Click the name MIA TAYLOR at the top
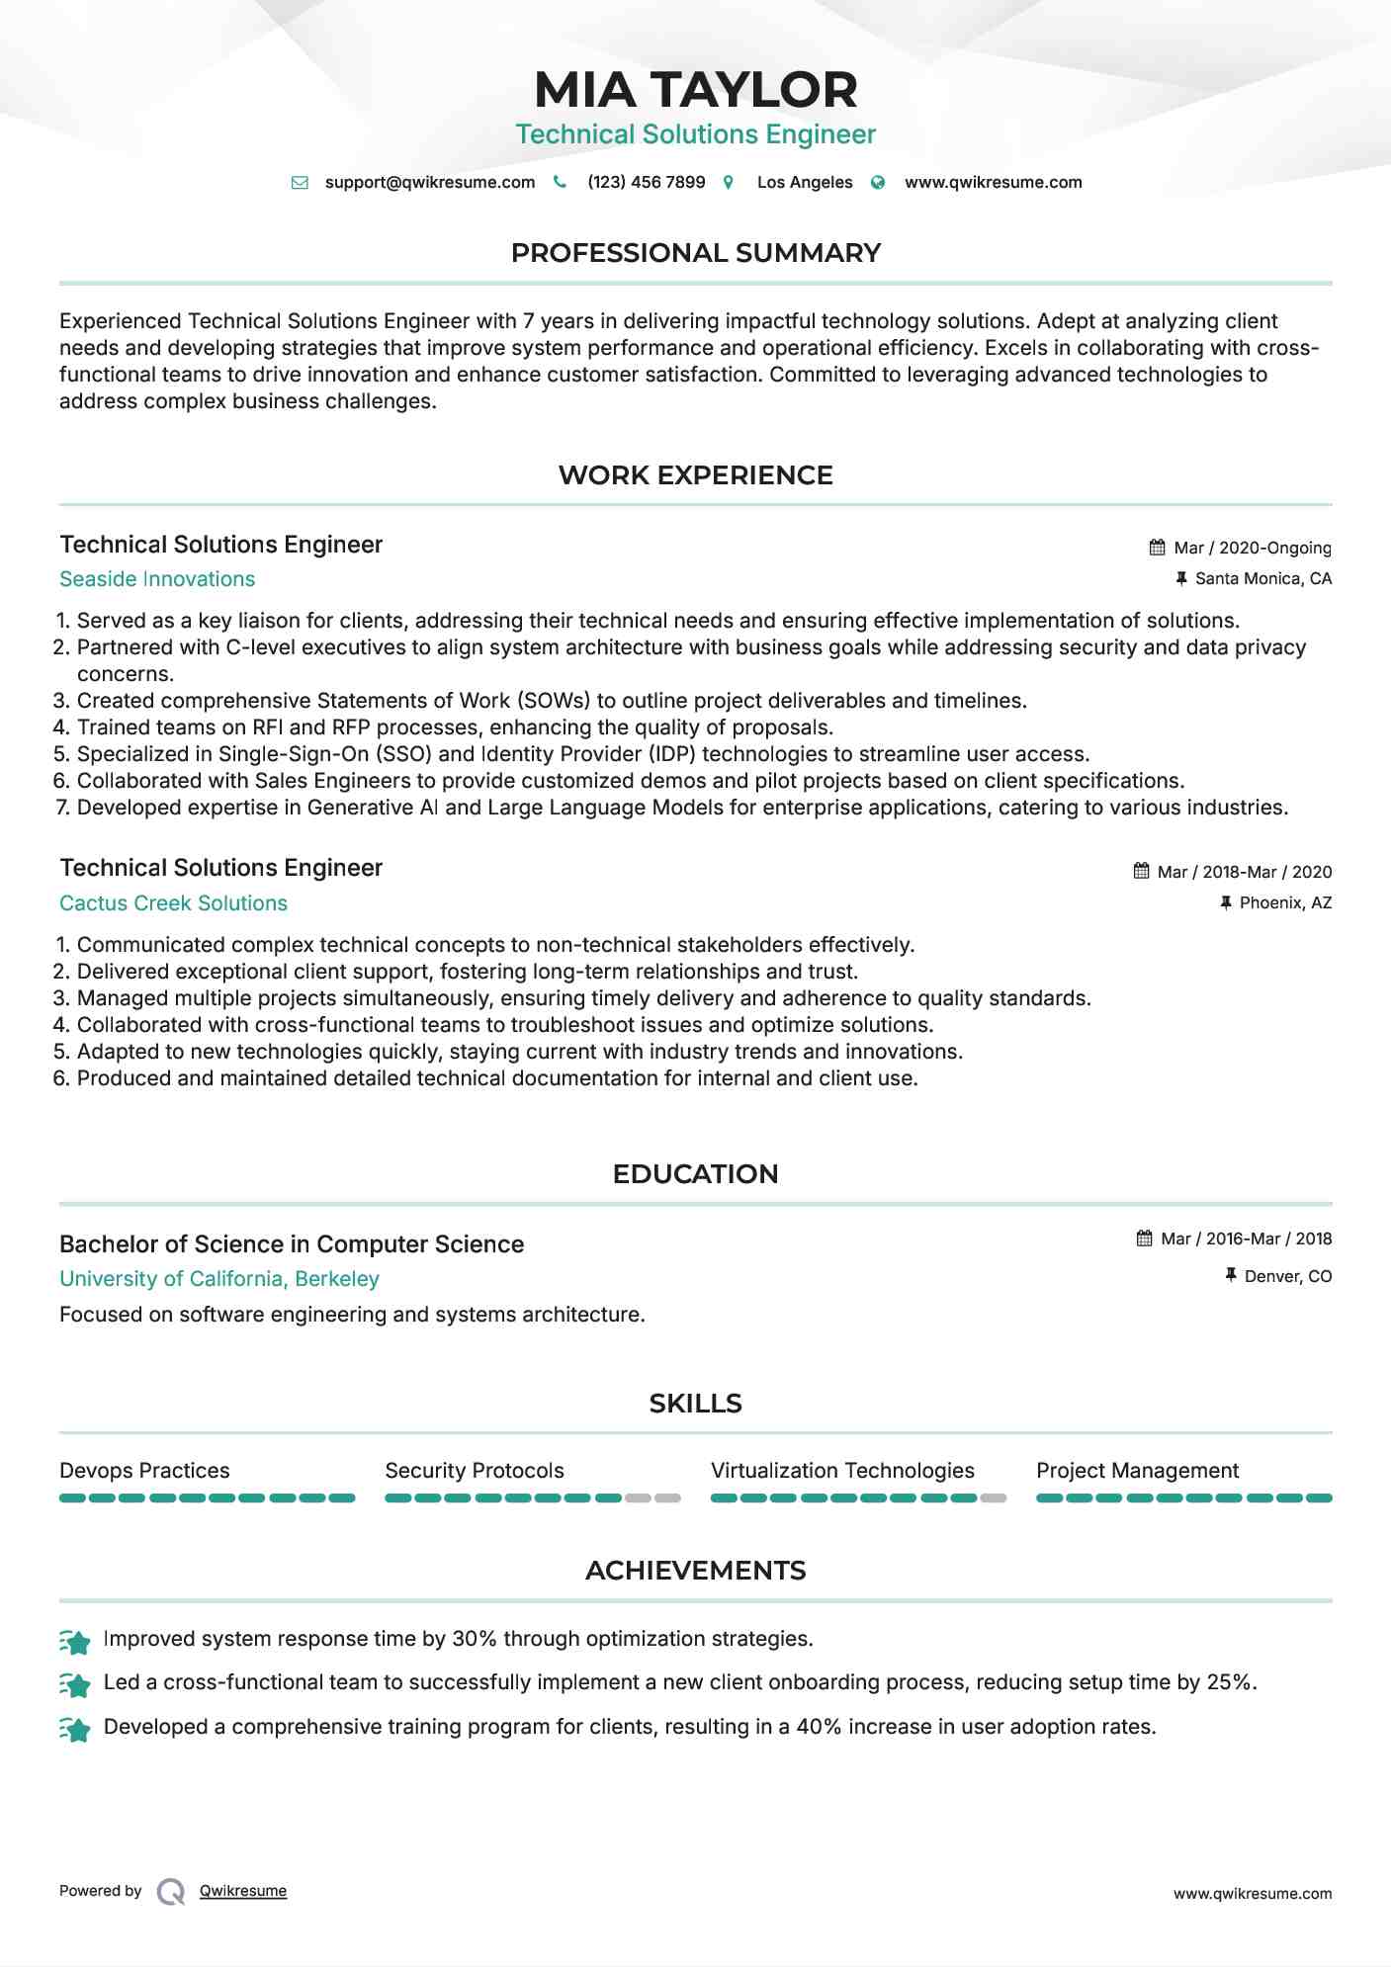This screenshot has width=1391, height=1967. [695, 90]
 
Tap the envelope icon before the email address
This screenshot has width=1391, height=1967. [300, 183]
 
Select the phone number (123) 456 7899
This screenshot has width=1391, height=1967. [646, 183]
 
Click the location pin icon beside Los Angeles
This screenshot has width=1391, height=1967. [729, 183]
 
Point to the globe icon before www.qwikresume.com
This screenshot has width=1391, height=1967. [878, 183]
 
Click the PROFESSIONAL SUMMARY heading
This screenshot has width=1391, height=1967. [695, 253]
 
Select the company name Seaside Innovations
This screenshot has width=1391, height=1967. [157, 579]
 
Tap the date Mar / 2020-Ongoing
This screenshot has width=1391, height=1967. [1252, 548]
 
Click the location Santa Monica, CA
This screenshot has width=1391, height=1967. [1262, 579]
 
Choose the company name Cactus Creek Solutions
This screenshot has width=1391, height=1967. [173, 903]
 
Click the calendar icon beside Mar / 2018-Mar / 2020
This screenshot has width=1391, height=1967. [1141, 872]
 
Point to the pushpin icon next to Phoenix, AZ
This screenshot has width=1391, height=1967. [1226, 903]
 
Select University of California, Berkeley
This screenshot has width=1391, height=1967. [218, 1279]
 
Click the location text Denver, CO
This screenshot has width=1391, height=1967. [1287, 1277]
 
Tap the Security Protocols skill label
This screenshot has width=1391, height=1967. [474, 1471]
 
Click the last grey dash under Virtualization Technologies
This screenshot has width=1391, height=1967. [993, 1498]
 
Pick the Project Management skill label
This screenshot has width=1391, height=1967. [1137, 1471]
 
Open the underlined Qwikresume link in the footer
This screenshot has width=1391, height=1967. [243, 1891]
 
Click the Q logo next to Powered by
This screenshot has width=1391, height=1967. [171, 1892]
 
